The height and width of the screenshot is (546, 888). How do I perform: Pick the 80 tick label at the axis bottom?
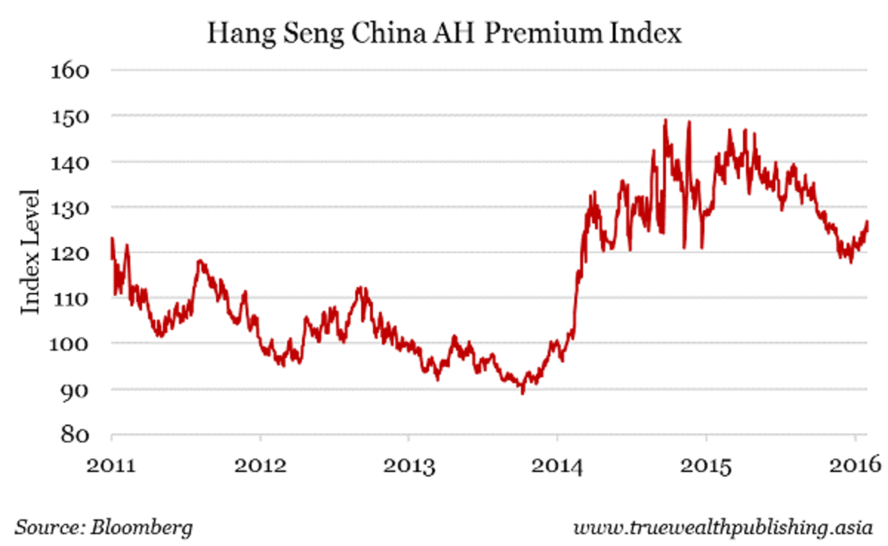(72, 434)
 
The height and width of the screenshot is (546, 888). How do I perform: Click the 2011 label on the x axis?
(112, 467)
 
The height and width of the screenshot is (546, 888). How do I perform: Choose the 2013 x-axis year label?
(408, 467)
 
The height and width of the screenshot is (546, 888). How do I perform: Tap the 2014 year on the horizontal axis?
(557, 467)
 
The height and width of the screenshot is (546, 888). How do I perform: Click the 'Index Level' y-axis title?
(30, 251)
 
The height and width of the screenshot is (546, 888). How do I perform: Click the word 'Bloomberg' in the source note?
(142, 528)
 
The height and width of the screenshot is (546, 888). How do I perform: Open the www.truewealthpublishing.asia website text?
(724, 528)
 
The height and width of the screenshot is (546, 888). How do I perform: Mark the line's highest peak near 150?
(665, 121)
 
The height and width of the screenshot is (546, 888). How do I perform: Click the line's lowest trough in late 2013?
(522, 393)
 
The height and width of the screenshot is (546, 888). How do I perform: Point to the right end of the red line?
(867, 222)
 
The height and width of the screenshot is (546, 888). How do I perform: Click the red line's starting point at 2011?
(112, 238)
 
